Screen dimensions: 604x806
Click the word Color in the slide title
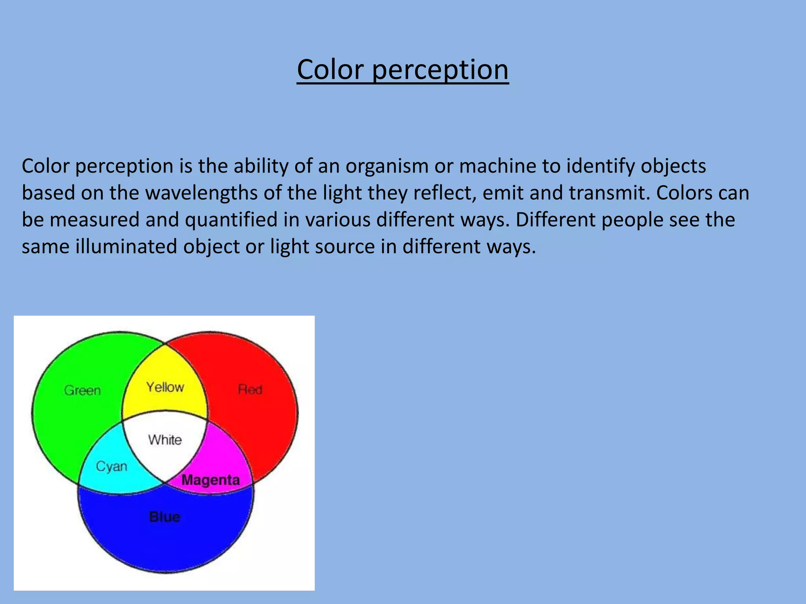(330, 70)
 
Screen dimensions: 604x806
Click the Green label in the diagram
(83, 390)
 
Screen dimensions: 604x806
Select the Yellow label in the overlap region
(165, 387)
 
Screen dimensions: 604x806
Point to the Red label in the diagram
(250, 390)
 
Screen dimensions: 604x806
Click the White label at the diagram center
(165, 440)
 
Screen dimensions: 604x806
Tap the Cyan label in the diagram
(112, 467)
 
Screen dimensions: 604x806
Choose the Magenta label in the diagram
(211, 480)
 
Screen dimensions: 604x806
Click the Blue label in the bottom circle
(165, 517)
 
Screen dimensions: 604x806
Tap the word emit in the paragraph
(502, 193)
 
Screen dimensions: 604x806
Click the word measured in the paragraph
(94, 219)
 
